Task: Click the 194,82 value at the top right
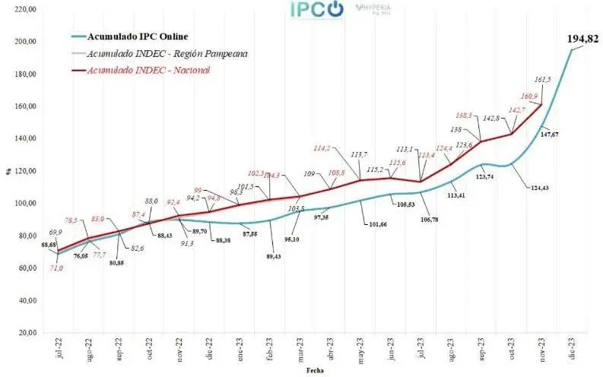click(x=582, y=39)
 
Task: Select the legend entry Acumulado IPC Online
click(x=137, y=36)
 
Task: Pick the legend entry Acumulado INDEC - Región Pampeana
click(x=157, y=53)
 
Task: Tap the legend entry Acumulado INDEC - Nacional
click(x=148, y=71)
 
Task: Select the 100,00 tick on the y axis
click(x=25, y=203)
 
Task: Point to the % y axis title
click(x=8, y=171)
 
